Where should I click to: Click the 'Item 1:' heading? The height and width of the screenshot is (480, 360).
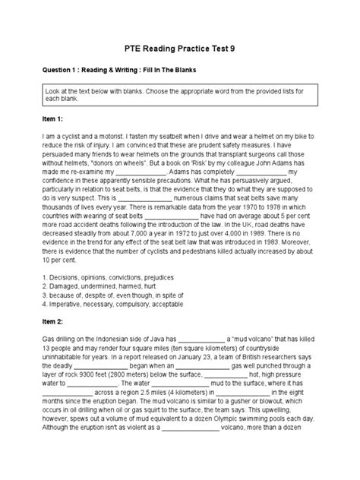click(54, 120)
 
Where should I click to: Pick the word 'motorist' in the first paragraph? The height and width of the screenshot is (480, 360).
click(109, 138)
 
